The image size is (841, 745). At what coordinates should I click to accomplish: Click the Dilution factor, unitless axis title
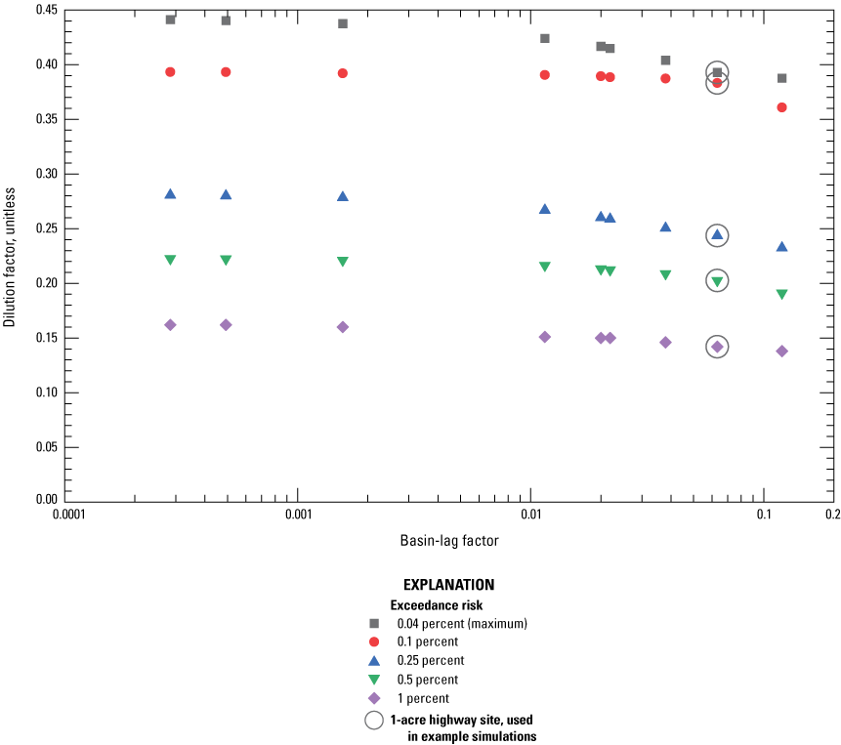(x=11, y=256)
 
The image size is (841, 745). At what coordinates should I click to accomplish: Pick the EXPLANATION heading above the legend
(x=448, y=585)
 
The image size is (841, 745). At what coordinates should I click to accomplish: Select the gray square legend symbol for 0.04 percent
(x=373, y=623)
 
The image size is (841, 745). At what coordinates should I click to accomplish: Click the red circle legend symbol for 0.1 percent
(x=373, y=642)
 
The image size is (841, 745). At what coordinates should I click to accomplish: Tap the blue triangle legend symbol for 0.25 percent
(x=373, y=660)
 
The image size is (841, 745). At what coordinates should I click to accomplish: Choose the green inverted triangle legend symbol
(x=373, y=680)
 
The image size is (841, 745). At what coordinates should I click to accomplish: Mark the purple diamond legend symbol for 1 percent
(x=373, y=698)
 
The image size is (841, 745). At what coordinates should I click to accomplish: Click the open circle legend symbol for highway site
(x=373, y=720)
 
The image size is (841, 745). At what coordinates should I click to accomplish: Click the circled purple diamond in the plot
(x=717, y=347)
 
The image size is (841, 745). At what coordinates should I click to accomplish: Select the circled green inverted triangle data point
(x=717, y=281)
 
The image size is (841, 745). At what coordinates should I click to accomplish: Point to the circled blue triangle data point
(x=717, y=234)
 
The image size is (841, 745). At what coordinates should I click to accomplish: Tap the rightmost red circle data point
(x=781, y=107)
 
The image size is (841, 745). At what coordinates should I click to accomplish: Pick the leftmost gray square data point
(x=170, y=20)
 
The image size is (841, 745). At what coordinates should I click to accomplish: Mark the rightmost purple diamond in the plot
(x=781, y=351)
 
